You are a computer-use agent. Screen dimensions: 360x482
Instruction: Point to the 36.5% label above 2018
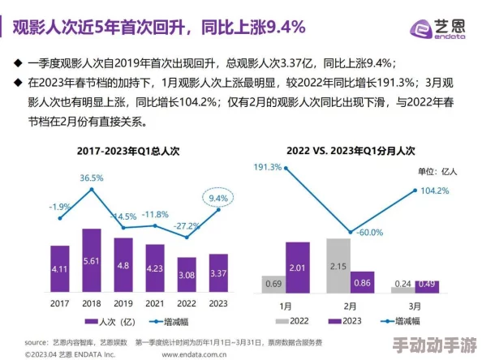tap(92, 178)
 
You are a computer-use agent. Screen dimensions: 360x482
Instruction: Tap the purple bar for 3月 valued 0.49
tap(426, 285)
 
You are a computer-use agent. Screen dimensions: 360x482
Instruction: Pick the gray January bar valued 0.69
tap(273, 283)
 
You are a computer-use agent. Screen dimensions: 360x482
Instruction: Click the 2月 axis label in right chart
tap(349, 306)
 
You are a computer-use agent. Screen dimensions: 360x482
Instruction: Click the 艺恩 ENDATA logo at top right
tap(439, 28)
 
